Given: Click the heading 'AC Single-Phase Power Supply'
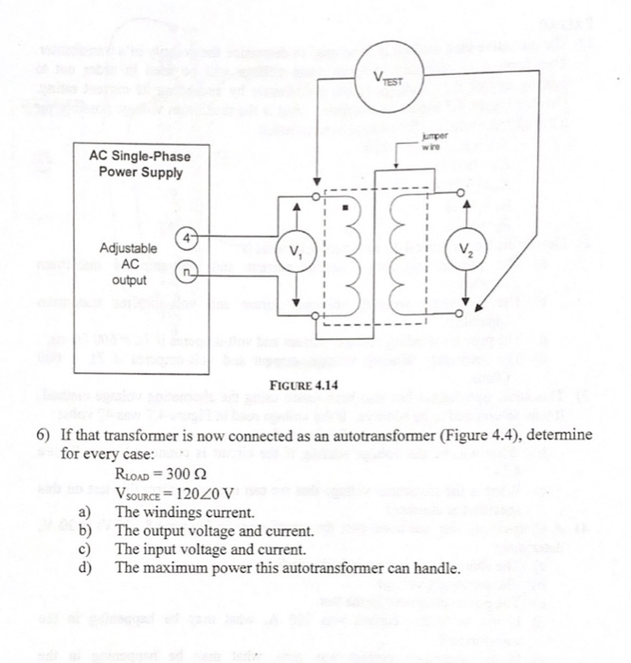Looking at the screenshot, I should coord(135,164).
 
